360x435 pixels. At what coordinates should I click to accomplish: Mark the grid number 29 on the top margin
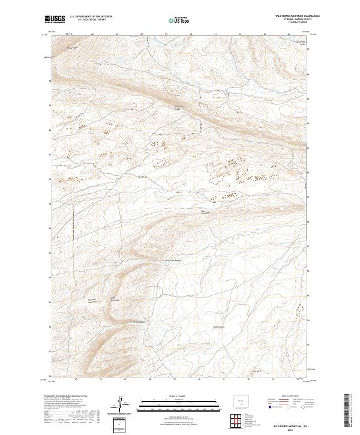[x=166, y=34]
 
